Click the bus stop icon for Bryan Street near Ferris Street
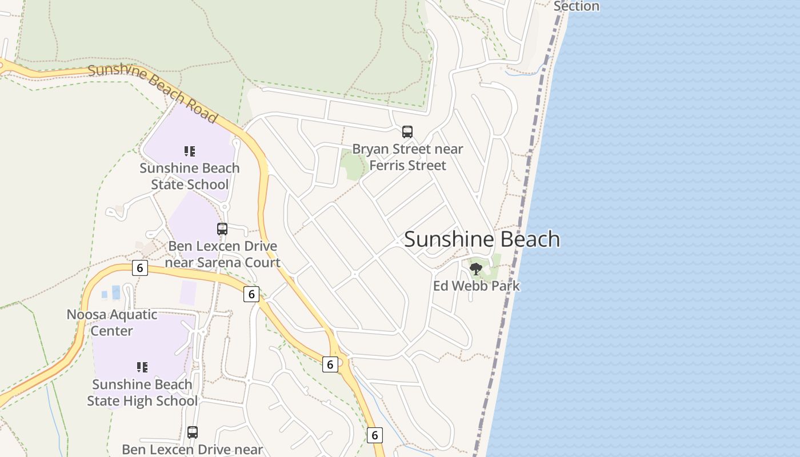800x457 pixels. [407, 132]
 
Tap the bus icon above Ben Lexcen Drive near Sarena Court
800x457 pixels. [222, 229]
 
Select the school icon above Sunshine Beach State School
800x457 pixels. [190, 151]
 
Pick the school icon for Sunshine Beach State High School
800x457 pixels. [142, 367]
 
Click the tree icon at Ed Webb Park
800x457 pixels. [475, 268]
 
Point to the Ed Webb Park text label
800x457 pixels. [476, 286]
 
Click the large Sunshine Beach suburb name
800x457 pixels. [482, 239]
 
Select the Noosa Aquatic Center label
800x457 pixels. [112, 322]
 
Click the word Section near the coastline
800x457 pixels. [576, 6]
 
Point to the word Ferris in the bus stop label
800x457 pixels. [387, 165]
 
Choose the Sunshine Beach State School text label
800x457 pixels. [190, 176]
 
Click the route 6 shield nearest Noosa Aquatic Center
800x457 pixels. [139, 268]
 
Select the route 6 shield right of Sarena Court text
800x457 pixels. [251, 294]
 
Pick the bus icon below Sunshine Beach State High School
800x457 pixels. [193, 432]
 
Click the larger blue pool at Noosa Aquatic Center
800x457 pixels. [116, 292]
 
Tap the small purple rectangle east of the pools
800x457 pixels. [188, 292]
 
